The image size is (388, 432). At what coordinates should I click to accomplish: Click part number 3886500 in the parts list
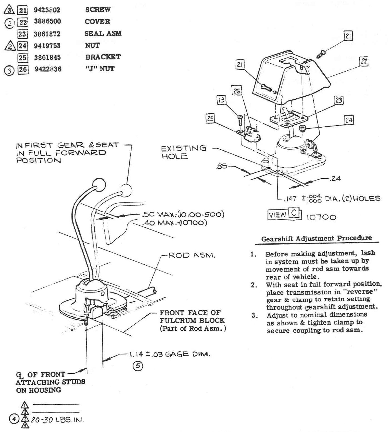click(x=47, y=21)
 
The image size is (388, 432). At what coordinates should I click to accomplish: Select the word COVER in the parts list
click(x=97, y=21)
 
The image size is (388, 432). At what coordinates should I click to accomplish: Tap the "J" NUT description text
click(x=100, y=69)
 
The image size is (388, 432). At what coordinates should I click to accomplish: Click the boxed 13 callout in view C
click(x=221, y=100)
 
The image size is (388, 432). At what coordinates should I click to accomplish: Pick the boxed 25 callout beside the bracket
click(x=210, y=119)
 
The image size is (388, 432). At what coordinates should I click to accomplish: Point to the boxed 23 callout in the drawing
click(x=339, y=100)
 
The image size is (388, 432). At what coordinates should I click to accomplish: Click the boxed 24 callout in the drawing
click(x=349, y=120)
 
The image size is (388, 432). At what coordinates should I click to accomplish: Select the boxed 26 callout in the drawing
click(x=237, y=91)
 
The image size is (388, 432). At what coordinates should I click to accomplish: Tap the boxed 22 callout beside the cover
click(x=364, y=62)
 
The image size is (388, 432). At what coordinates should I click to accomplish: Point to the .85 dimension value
click(x=222, y=167)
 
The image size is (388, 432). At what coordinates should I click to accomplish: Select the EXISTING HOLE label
click(x=184, y=152)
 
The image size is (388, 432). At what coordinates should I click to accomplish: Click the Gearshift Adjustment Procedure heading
click(x=317, y=239)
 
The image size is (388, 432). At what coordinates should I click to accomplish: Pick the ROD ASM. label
click(x=192, y=255)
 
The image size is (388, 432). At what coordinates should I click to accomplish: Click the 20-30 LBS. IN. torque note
click(x=57, y=420)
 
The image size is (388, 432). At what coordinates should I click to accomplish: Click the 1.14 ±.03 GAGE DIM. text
click(x=169, y=354)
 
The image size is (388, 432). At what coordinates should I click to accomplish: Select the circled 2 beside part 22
click(x=10, y=23)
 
